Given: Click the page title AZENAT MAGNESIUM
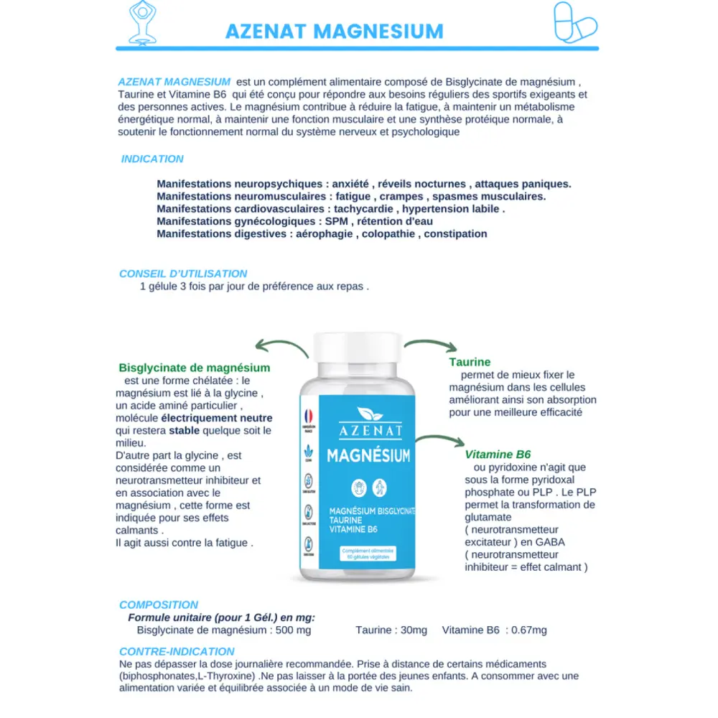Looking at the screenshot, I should point(334,32).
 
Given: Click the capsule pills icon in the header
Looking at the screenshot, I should point(575,22).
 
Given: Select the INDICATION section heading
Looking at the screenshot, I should point(152,159).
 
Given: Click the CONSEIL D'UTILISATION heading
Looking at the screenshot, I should point(183,274).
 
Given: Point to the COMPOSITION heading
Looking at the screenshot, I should point(159,605).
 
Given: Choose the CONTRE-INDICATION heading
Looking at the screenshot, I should point(177,651).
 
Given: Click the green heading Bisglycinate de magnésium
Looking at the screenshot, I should point(194,368).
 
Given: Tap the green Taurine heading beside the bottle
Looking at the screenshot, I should point(470,362).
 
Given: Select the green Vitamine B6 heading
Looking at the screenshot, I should point(498,454).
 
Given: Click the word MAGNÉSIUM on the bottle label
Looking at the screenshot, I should point(368,456).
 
